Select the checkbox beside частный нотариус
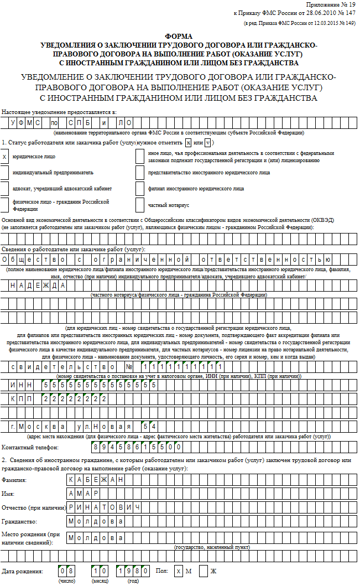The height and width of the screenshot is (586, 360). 139,205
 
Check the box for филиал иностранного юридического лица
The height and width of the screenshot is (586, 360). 139,189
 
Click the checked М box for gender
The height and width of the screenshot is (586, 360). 178,571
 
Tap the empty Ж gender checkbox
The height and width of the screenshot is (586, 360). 204,571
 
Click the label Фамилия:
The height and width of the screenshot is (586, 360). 14,479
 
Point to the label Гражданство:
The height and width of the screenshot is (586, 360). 19,522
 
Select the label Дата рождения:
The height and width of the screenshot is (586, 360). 22,571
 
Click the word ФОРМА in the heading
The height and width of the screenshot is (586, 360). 179,35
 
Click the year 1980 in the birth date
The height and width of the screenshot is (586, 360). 133,571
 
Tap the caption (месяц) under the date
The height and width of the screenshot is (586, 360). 100,582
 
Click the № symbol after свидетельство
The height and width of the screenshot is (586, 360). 129,367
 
